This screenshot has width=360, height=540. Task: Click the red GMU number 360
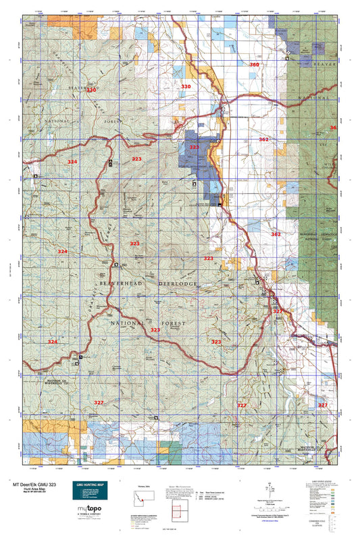coord(254,65)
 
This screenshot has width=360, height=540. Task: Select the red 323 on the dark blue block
coord(195,146)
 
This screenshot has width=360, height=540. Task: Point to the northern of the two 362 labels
coord(263,140)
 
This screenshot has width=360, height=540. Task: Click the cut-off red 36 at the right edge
coord(332,128)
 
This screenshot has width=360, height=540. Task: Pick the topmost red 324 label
coord(72,162)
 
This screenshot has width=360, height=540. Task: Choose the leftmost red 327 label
coord(99,402)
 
